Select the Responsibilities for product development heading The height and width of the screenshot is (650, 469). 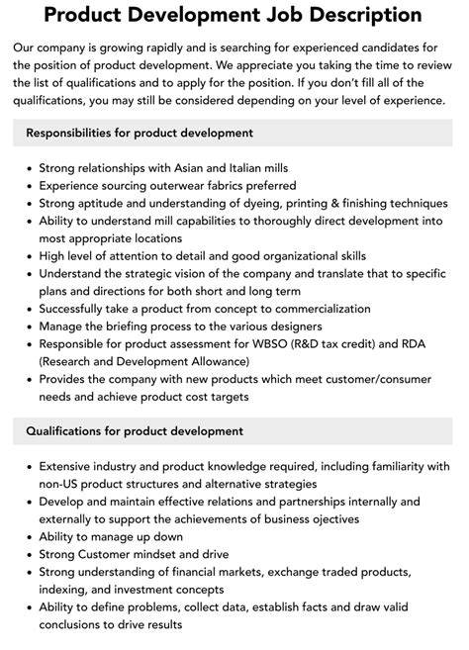[x=140, y=133]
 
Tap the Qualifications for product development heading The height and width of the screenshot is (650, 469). [x=135, y=431]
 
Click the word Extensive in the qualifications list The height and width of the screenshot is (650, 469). [x=69, y=465]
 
